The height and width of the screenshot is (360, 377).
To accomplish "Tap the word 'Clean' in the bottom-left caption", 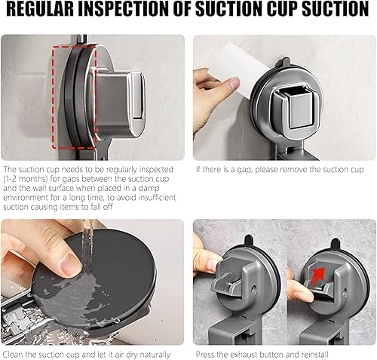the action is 13,355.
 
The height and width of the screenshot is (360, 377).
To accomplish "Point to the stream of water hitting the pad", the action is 88,242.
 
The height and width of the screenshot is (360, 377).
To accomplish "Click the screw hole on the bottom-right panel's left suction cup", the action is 254,288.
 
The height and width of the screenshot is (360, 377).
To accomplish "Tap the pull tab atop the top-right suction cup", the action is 285,61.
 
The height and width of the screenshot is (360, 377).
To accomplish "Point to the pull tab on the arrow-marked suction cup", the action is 336,242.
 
